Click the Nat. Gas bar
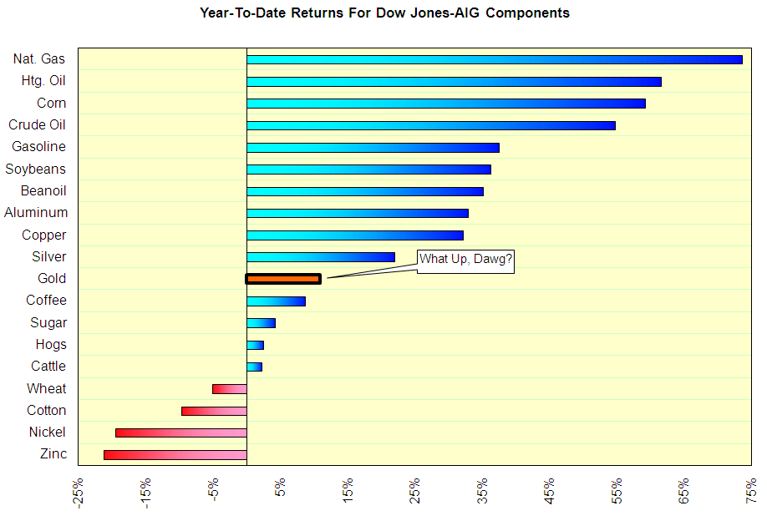pos(494,59)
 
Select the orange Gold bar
pos(283,279)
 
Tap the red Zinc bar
pos(175,454)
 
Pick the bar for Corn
pos(445,104)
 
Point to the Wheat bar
pos(230,388)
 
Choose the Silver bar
pos(320,257)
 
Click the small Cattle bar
pos(254,367)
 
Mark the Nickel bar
pos(180,433)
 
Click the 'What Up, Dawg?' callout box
pos(465,260)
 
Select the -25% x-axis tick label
pos(79,493)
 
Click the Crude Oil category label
pos(37,125)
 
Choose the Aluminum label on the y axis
pos(36,213)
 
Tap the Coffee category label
pos(46,301)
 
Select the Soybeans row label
pos(35,169)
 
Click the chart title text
pos(384,13)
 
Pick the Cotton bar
pos(214,411)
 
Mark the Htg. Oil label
pos(43,81)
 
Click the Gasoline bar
pos(373,148)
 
